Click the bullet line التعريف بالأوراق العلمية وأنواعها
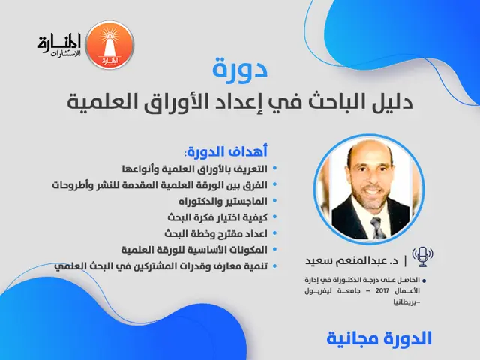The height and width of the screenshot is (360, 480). pos(194,168)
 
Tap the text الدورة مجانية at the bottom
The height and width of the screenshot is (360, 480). pos(379,337)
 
